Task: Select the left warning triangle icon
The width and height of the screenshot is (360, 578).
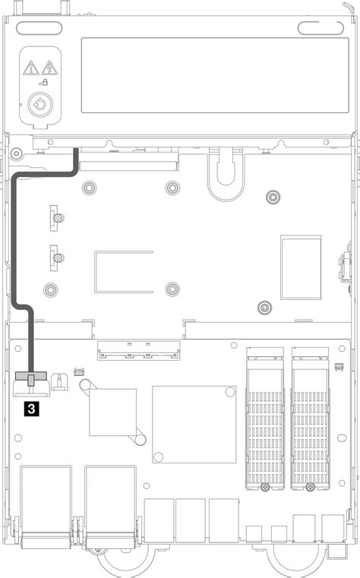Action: pyautogui.click(x=30, y=68)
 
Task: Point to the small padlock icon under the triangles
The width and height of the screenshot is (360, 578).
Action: pyautogui.click(x=44, y=82)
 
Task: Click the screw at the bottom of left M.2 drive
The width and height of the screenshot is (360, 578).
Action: pyautogui.click(x=265, y=487)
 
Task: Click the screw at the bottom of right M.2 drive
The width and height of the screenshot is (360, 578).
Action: pyautogui.click(x=310, y=487)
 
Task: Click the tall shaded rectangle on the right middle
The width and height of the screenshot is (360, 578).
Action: pyautogui.click(x=301, y=266)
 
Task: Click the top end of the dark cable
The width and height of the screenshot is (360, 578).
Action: pyautogui.click(x=76, y=153)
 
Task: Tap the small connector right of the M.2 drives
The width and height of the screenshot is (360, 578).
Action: pyautogui.click(x=339, y=366)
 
